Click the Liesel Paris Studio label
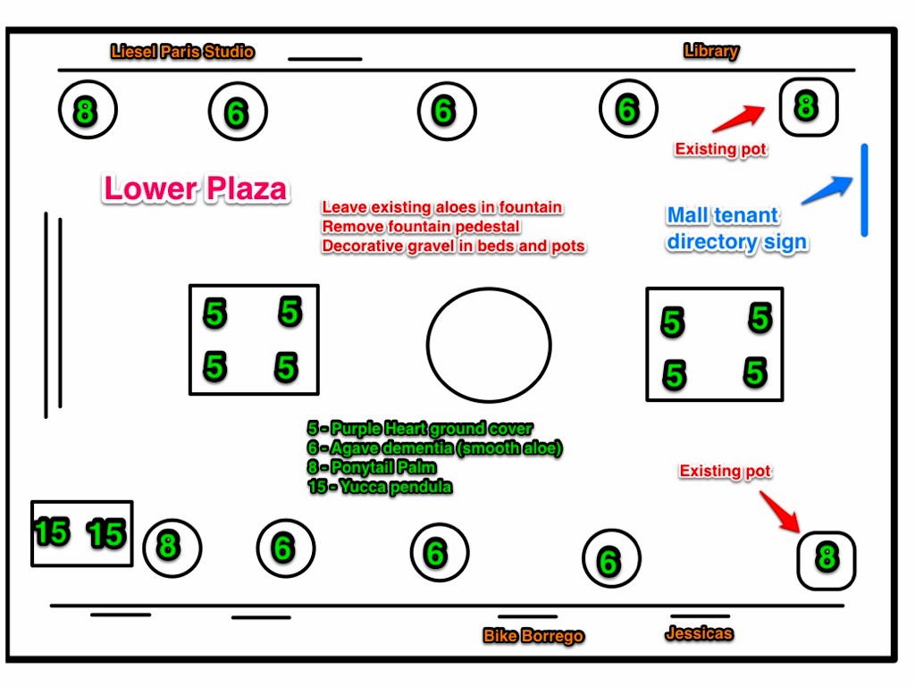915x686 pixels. point(182,52)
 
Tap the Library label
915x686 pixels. point(711,51)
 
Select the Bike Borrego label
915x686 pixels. point(533,636)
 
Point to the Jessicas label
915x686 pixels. point(699,633)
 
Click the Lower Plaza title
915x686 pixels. point(196,188)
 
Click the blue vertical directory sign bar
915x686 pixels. point(864,189)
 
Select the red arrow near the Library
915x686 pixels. point(739,118)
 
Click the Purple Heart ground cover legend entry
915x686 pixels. point(420,429)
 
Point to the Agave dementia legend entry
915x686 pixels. point(434,448)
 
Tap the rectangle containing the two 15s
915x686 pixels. point(82,533)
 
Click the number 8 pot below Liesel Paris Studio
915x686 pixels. point(85,111)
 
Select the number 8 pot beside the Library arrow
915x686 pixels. point(807,106)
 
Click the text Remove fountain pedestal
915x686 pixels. point(421,227)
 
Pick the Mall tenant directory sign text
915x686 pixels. point(736,229)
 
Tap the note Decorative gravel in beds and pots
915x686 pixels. point(454,247)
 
